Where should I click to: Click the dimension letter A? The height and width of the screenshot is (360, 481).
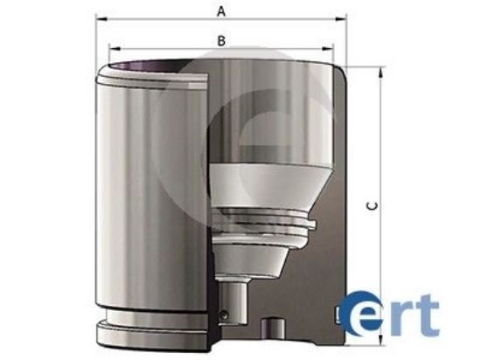click(x=222, y=10)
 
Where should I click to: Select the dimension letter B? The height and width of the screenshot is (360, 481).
click(x=222, y=40)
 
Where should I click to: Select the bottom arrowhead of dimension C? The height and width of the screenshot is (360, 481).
click(x=381, y=341)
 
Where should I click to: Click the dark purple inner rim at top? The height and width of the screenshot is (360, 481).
click(x=153, y=65)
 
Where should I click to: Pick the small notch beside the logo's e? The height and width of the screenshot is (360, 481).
click(x=341, y=312)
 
